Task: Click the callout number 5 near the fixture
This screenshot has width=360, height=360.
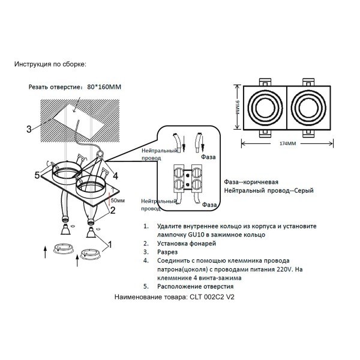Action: (x=37, y=175)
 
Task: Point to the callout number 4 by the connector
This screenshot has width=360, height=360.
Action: (x=115, y=176)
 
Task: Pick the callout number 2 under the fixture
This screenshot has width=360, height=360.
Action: (x=112, y=210)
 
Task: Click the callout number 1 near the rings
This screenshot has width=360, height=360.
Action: (x=109, y=244)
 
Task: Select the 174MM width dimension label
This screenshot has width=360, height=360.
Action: (x=288, y=144)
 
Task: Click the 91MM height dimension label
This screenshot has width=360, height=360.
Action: (x=237, y=109)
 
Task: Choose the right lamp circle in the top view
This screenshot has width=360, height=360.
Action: (x=310, y=109)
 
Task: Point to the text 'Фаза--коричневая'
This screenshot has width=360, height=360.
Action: (x=251, y=181)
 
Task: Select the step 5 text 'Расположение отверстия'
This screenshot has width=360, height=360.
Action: (x=196, y=287)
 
